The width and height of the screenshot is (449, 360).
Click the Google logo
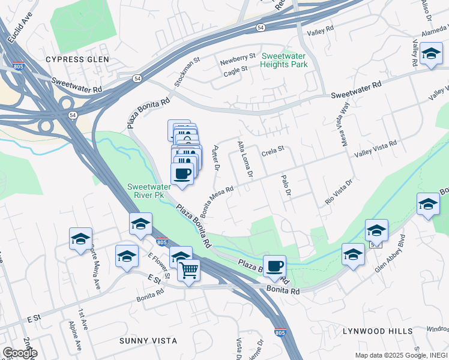20,353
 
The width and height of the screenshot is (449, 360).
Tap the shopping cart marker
188,271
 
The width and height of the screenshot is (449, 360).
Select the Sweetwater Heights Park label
284,59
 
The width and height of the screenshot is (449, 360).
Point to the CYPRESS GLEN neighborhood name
77,59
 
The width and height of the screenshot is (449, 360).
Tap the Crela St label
273,154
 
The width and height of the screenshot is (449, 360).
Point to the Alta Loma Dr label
245,159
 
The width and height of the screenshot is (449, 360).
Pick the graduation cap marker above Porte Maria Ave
80,239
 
